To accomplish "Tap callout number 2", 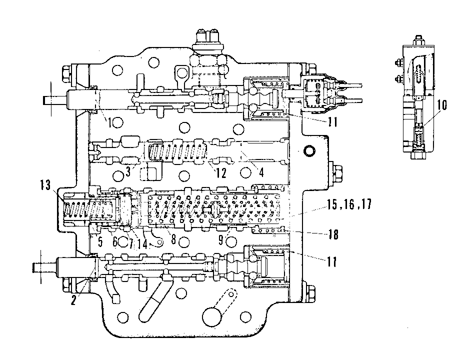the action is click(73, 300).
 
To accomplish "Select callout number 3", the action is click(128, 172).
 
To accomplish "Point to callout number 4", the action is click(261, 172).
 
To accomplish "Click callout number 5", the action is click(100, 241).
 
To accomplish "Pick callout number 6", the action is click(115, 241).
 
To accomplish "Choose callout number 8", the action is click(173, 239).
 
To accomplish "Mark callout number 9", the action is click(221, 240).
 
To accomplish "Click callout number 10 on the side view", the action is click(442, 105).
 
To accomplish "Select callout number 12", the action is click(221, 173).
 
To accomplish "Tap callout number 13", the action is click(45, 185).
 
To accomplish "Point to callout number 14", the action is click(142, 243).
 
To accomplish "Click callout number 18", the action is click(333, 234).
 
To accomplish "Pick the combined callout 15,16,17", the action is click(349, 204).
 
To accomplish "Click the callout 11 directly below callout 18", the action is click(332, 261).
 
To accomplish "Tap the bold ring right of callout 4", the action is click(309, 151).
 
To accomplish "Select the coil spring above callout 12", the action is click(176, 152).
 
